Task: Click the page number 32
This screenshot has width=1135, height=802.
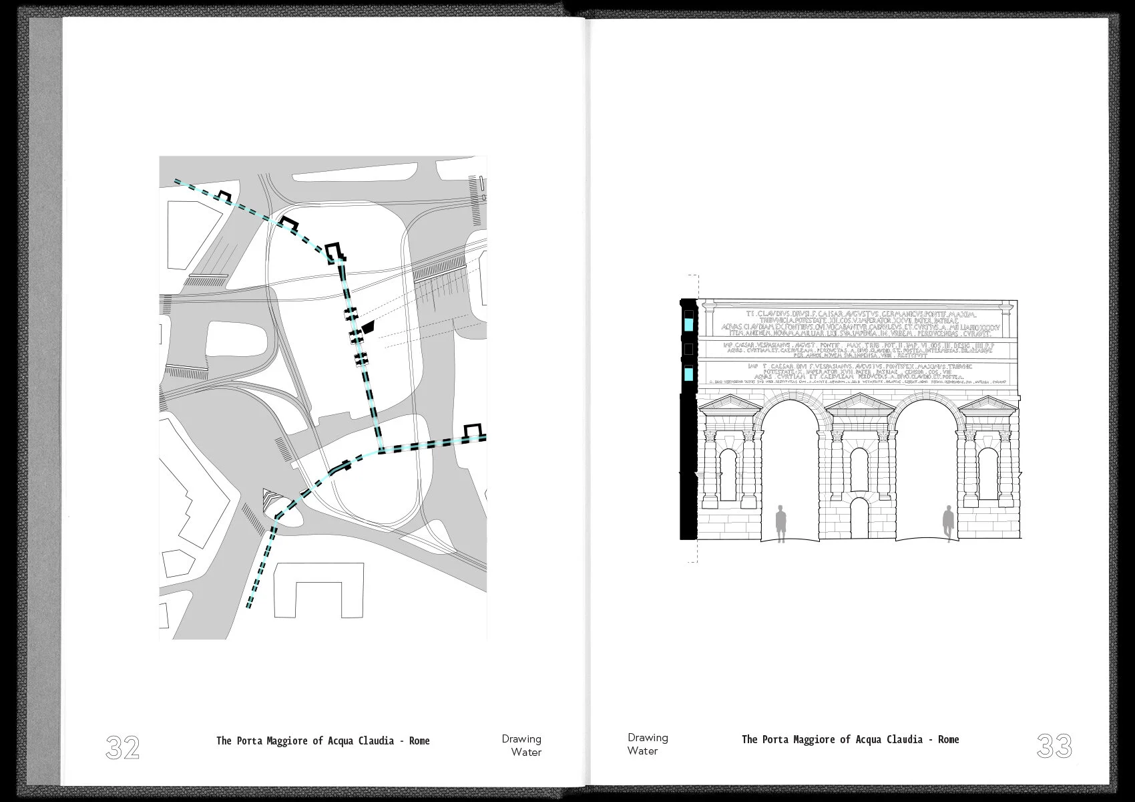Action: point(123,747)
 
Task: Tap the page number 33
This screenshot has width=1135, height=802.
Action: point(1054,746)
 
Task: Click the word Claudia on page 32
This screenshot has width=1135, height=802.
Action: point(375,741)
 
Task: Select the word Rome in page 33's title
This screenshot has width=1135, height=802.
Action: point(948,739)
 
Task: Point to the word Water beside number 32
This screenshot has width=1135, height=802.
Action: point(526,753)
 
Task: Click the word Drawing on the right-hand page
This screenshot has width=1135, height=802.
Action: point(648,738)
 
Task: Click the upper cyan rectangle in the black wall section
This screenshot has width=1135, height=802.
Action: point(688,325)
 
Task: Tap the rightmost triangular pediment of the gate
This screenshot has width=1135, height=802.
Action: point(987,404)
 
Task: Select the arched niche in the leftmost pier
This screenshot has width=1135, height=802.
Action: point(728,475)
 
